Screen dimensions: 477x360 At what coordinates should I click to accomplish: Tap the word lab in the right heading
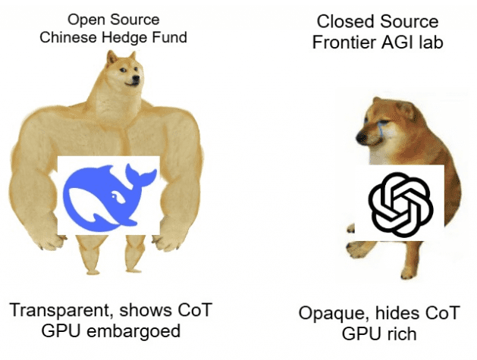tap(428, 42)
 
